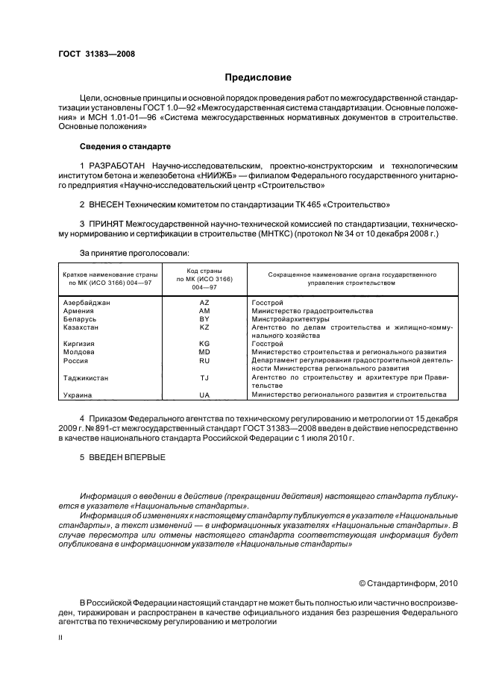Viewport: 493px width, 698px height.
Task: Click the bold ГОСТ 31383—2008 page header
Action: point(97,54)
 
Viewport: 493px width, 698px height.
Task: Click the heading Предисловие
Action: point(258,78)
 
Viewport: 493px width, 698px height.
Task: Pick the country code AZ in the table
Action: point(204,304)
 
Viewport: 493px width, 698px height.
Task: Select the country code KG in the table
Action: point(204,344)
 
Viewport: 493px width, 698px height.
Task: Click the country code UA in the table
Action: point(204,394)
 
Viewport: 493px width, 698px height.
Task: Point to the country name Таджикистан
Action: point(86,378)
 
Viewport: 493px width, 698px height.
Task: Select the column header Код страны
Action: point(204,271)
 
